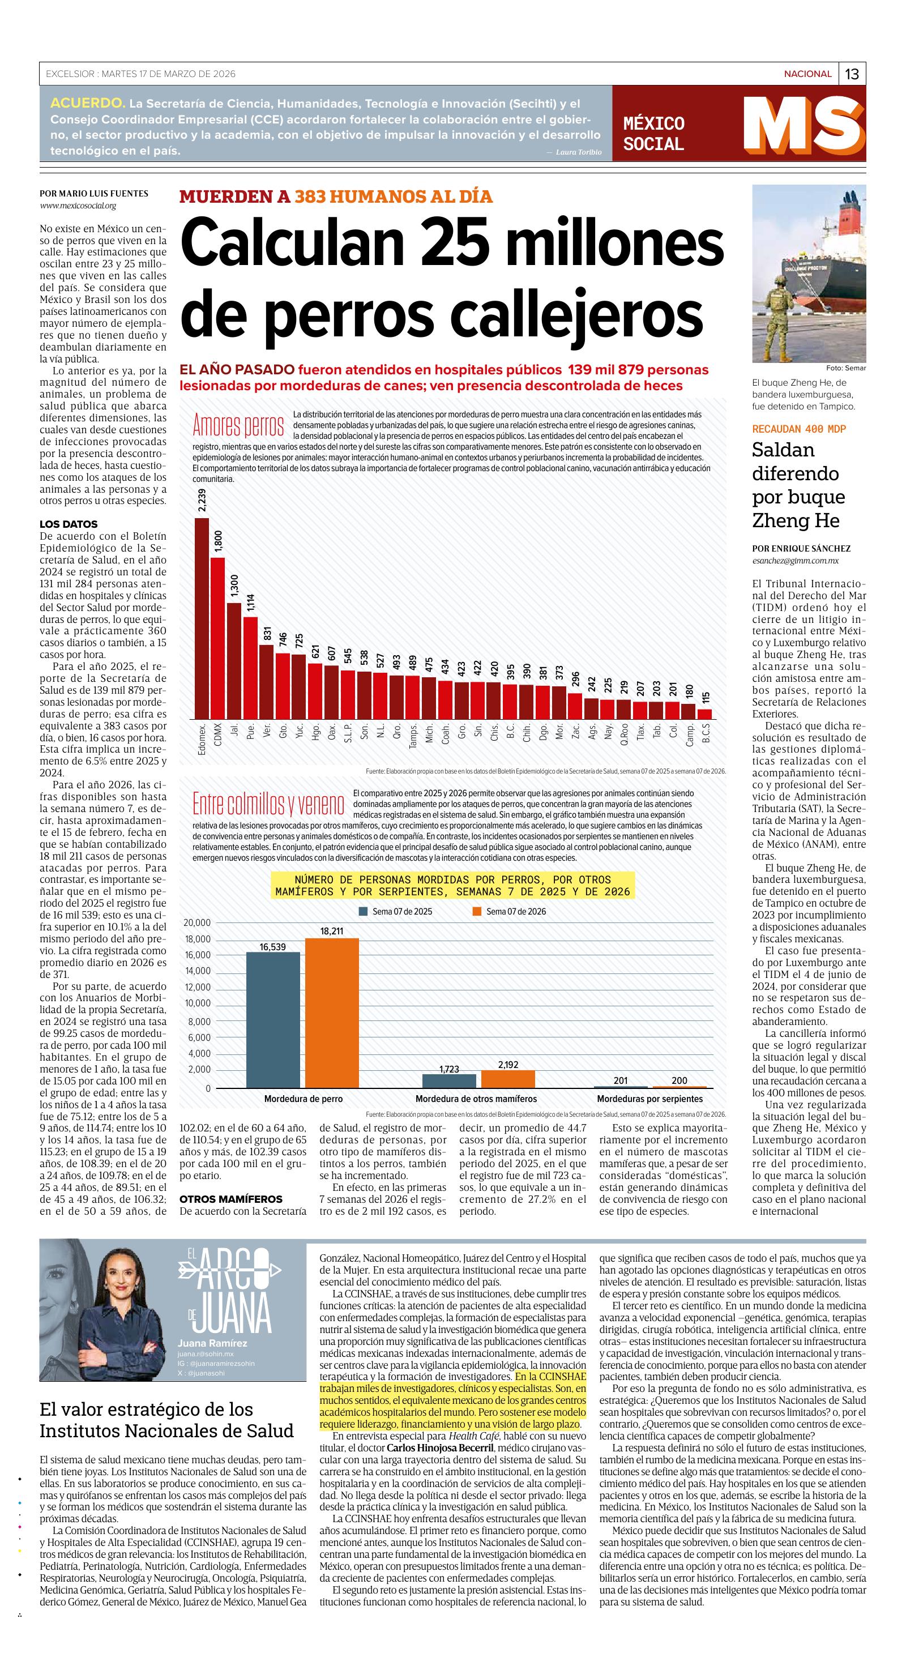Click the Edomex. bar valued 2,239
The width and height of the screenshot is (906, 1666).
tap(202, 618)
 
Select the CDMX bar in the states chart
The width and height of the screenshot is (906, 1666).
tap(218, 638)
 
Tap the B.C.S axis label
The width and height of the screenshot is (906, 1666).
tap(706, 733)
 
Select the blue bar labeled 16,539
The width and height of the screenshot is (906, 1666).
tap(273, 1020)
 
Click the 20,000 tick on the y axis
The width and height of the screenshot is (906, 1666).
tap(197, 923)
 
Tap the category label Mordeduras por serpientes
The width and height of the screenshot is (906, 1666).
tap(649, 1099)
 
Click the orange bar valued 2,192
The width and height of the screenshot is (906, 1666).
tap(508, 1079)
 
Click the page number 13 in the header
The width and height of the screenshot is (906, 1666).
tap(852, 74)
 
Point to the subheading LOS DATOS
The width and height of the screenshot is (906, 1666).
tap(69, 524)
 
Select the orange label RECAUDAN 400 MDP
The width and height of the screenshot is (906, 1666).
tap(798, 429)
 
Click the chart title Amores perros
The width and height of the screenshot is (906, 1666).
tap(238, 425)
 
